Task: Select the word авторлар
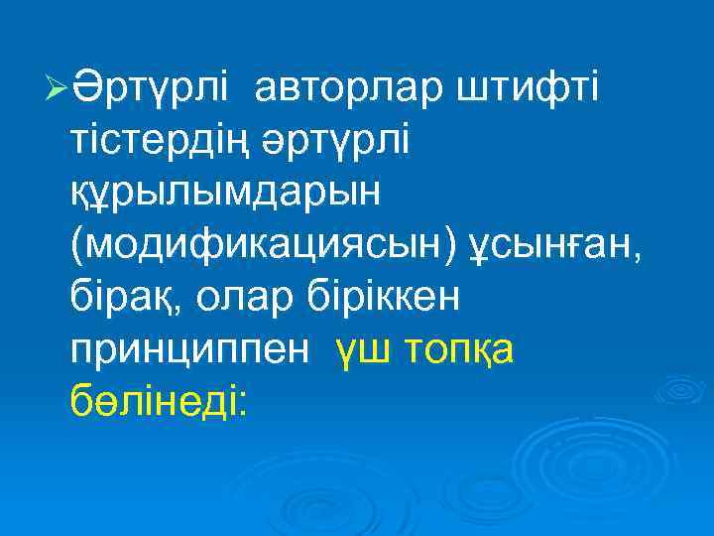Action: pyautogui.click(x=350, y=93)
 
